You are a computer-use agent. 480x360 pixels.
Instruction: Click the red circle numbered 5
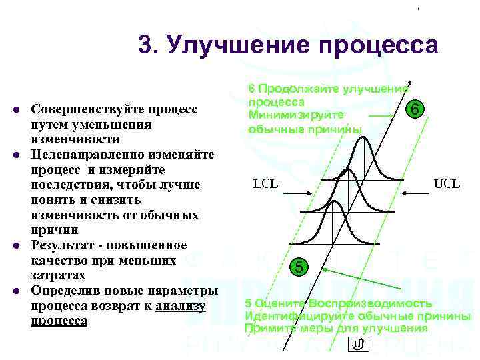click(300, 267)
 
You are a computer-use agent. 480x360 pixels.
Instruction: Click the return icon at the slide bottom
click(357, 344)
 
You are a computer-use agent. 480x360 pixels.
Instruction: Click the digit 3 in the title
click(145, 45)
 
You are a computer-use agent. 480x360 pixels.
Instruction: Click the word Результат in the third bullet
click(59, 245)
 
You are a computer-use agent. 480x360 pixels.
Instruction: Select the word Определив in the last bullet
click(60, 291)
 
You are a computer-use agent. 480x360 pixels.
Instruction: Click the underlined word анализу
click(181, 306)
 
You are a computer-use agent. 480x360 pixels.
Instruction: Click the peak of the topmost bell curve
click(361, 137)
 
